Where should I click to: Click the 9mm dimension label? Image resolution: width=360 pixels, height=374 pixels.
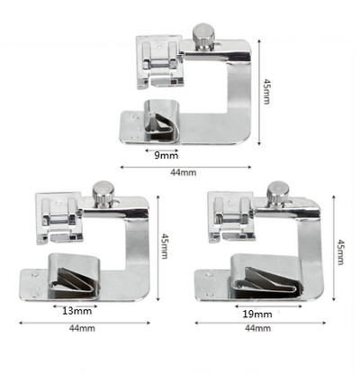[166, 156]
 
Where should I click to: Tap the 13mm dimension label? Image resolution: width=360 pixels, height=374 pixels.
[77, 311]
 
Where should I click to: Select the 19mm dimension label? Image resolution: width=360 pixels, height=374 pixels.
[257, 315]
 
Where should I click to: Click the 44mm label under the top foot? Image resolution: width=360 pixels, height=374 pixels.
[184, 172]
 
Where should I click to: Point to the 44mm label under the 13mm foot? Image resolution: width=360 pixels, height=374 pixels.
[82, 328]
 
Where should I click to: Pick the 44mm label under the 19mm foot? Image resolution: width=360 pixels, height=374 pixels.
[258, 328]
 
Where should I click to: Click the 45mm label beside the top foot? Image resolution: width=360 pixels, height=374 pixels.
[266, 91]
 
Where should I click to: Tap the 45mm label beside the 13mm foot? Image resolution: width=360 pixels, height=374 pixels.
[165, 246]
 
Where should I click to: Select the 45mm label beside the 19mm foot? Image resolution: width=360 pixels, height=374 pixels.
[340, 251]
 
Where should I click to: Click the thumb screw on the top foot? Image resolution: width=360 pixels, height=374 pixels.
[203, 37]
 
